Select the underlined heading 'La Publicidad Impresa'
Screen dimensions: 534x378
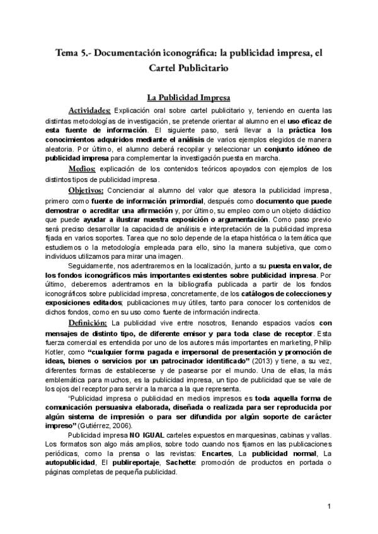[x=188, y=98]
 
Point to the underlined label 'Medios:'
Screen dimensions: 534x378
[x=83, y=169]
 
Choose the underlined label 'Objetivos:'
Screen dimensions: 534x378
[x=86, y=190]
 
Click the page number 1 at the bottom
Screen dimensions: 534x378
[x=329, y=507]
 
